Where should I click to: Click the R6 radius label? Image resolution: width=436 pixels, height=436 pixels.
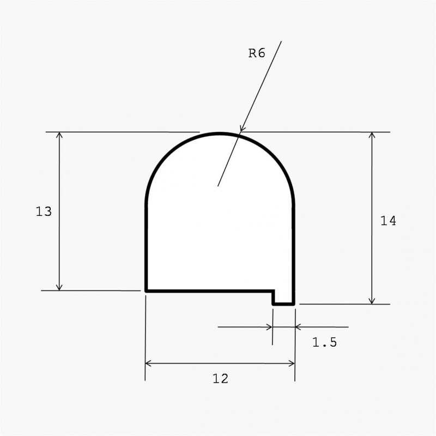[257, 53]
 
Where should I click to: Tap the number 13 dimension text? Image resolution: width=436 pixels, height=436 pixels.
[44, 211]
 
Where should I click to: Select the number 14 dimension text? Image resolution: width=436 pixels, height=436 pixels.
[388, 221]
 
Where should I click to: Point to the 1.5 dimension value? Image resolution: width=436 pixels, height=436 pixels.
[324, 342]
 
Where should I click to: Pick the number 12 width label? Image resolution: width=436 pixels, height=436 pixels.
[220, 378]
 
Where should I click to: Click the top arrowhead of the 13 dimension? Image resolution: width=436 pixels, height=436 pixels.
[59, 135]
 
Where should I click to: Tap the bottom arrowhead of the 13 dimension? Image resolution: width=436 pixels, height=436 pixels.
[59, 288]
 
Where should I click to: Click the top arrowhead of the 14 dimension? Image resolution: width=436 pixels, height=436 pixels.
[372, 135]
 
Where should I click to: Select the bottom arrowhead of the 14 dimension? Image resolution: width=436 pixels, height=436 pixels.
[372, 301]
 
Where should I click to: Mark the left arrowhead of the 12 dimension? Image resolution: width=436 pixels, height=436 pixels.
[148, 363]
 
